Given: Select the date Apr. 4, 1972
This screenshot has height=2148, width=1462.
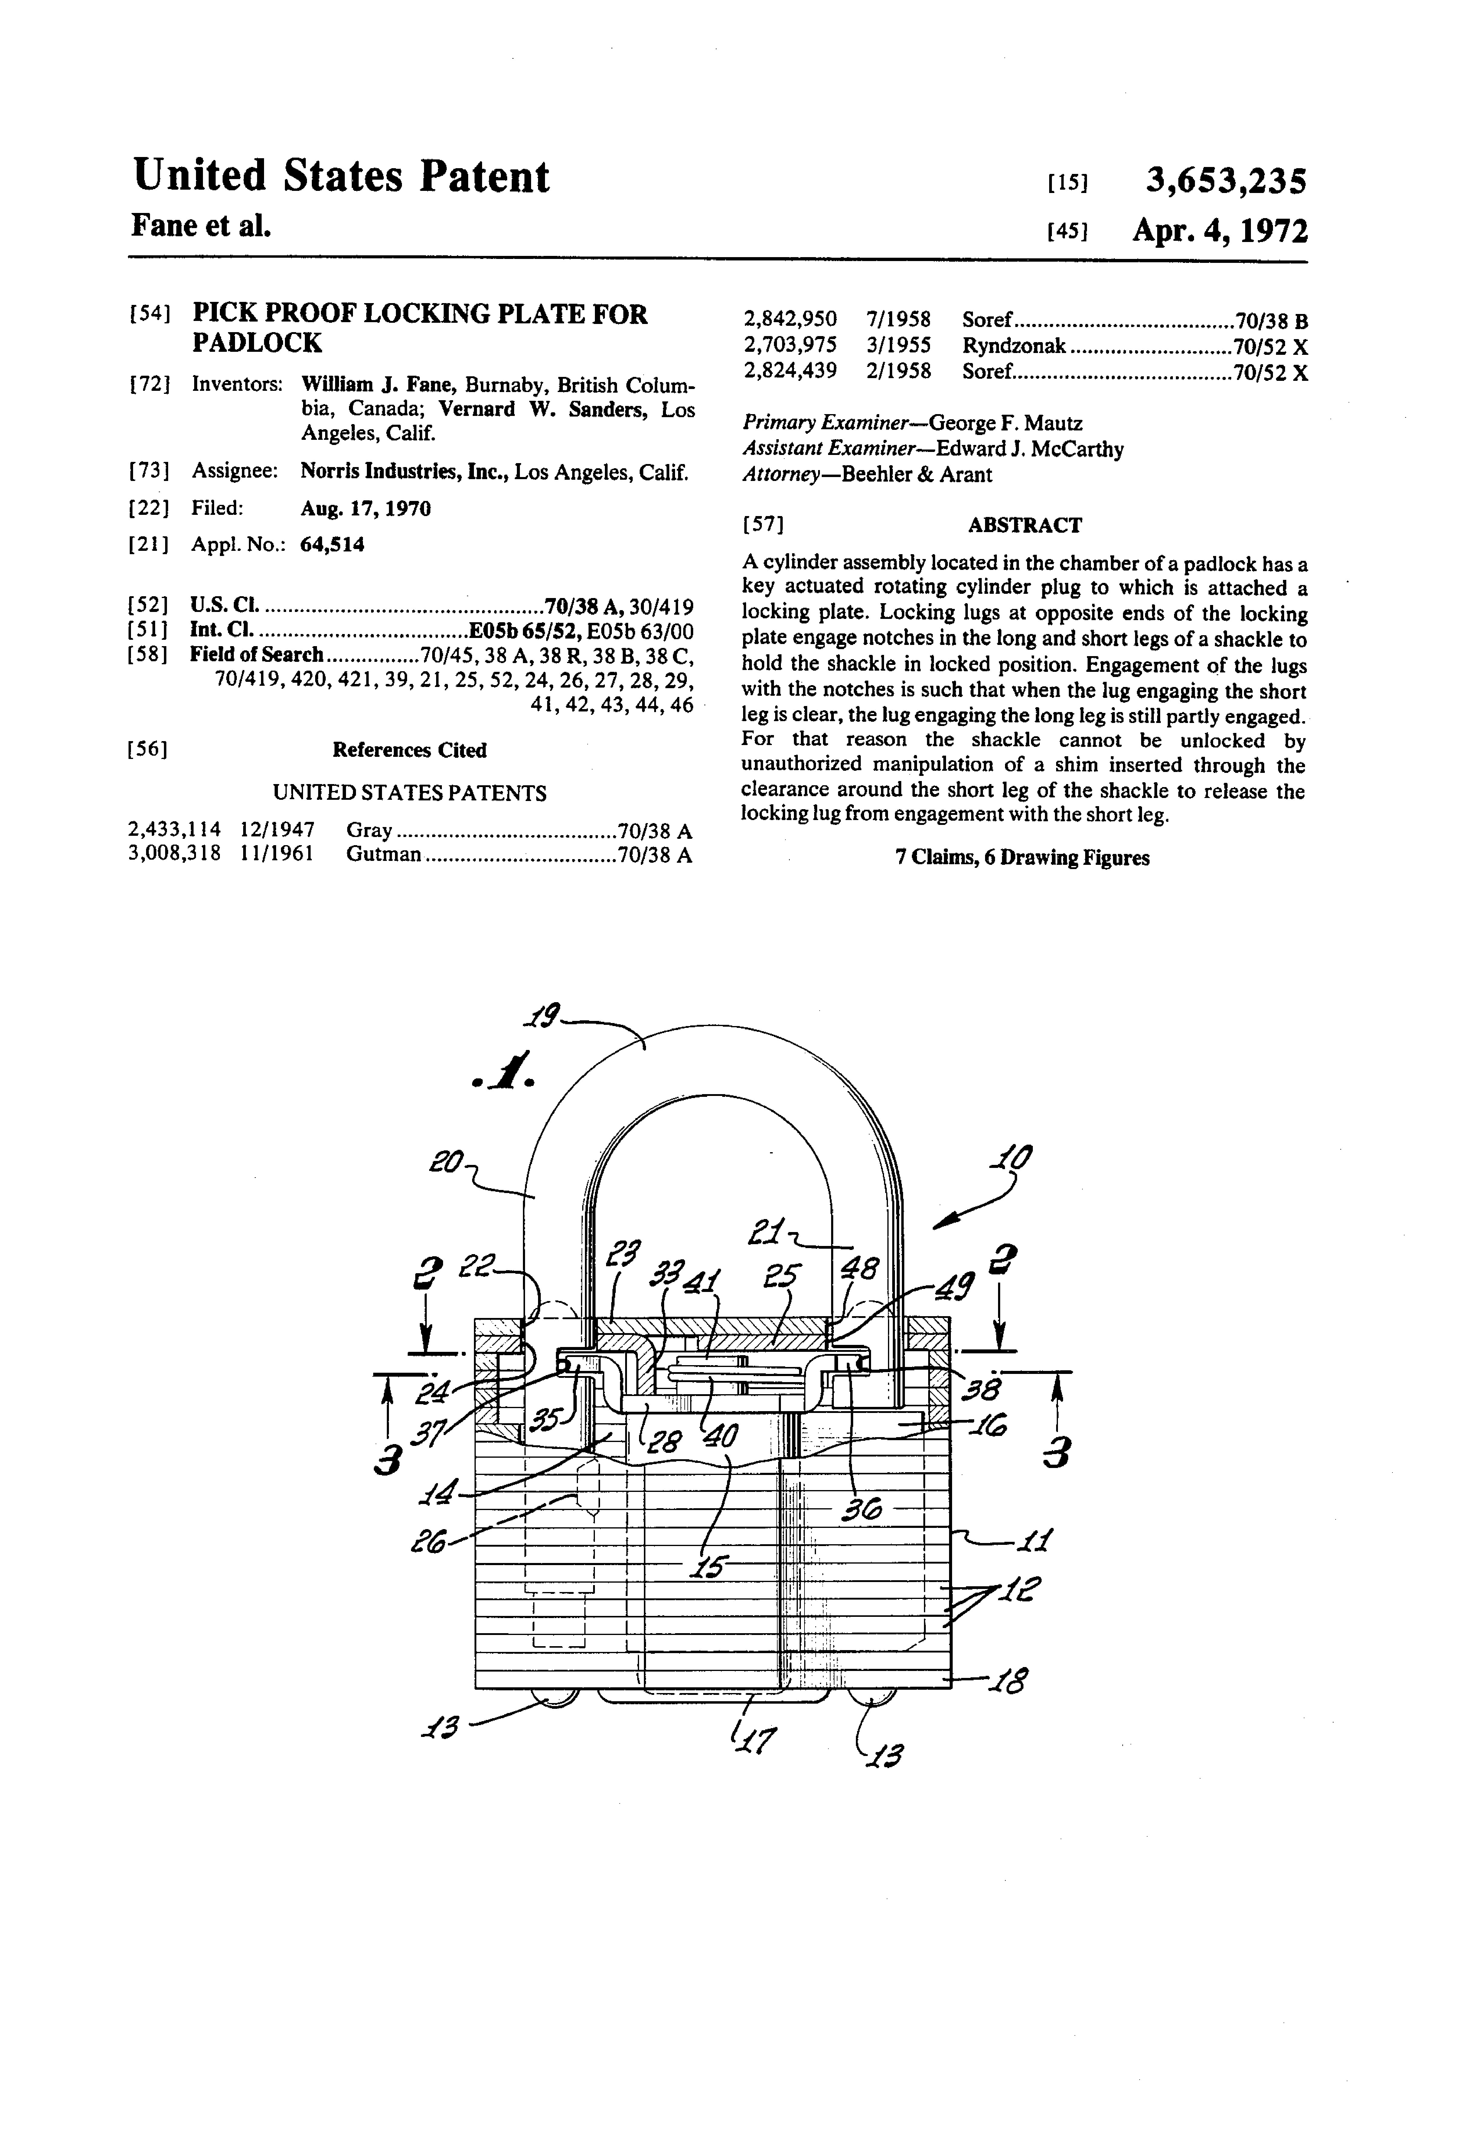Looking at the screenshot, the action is (x=1220, y=230).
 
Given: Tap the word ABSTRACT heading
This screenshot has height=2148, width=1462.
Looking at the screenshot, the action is (x=1024, y=525).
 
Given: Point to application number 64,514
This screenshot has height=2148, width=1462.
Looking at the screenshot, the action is (x=333, y=544).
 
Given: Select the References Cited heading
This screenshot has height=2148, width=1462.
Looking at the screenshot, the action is (x=410, y=750).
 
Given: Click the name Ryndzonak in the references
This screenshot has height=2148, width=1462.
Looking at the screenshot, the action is (x=1014, y=346).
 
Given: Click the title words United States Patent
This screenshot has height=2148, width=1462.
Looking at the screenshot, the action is (x=341, y=177).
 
